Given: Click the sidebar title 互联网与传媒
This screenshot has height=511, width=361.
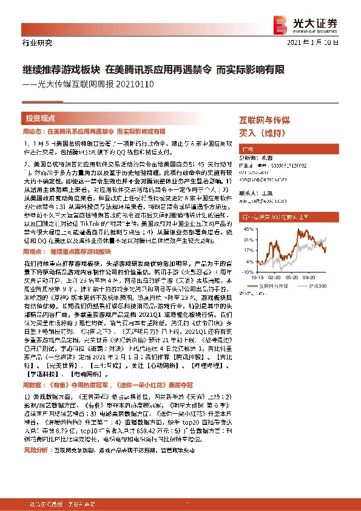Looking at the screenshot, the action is pyautogui.click(x=264, y=121).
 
